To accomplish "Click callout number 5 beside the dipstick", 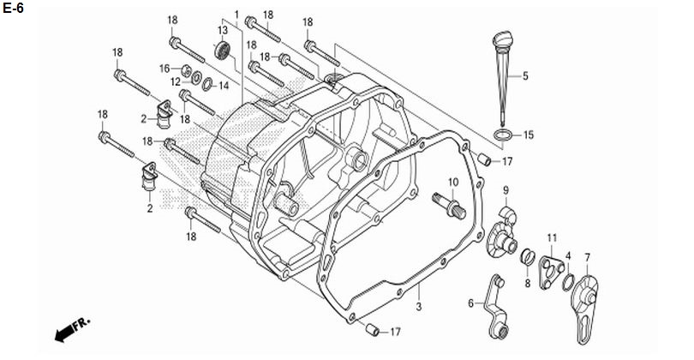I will (525, 76).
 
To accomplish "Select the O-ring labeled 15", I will (506, 135).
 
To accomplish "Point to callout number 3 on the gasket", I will (420, 306).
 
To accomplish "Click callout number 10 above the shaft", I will (453, 183).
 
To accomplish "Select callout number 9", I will (506, 190).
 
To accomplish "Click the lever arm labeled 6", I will (496, 303).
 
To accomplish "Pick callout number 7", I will (587, 257).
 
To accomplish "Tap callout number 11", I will (552, 237).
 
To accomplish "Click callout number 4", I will (567, 256).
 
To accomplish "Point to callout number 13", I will (222, 30).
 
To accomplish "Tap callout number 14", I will (224, 86).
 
